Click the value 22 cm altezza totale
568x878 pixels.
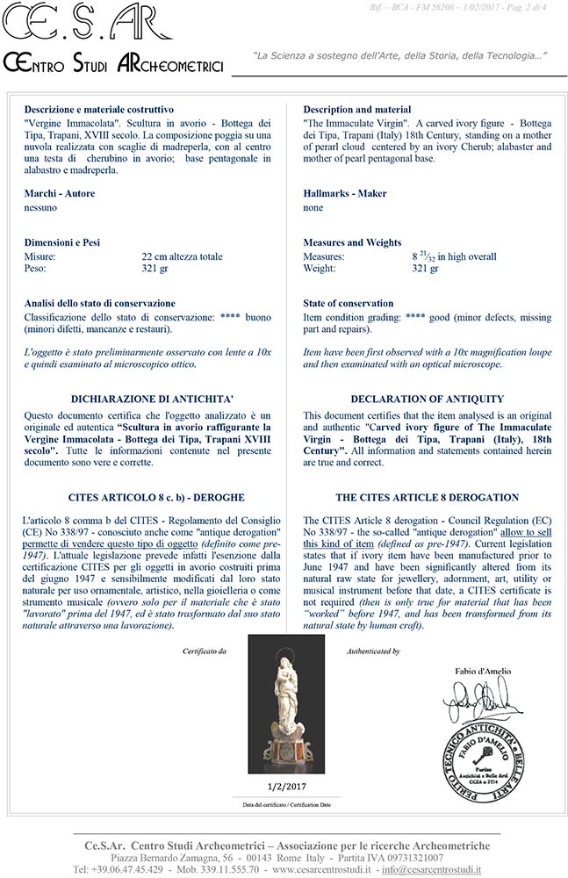coord(182,256)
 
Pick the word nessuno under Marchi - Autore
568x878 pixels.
coord(40,208)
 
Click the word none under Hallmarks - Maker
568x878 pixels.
coord(313,208)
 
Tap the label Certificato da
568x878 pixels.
coord(205,651)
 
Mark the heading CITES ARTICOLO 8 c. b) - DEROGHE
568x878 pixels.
coord(145,498)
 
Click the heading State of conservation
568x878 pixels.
coord(348,303)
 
